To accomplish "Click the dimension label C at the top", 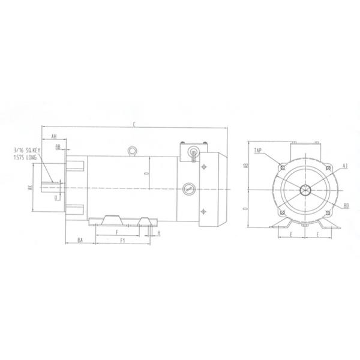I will coord(135,124).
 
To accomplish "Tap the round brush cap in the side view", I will coord(188,188).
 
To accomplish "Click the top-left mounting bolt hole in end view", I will coord(282,167).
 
